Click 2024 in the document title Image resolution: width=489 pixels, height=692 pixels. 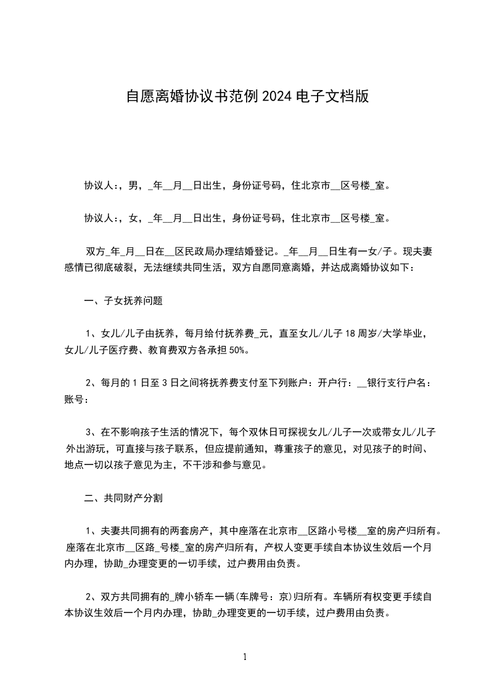277,96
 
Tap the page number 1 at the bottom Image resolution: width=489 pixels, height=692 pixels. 245,657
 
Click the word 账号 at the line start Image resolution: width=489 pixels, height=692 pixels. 73,400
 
